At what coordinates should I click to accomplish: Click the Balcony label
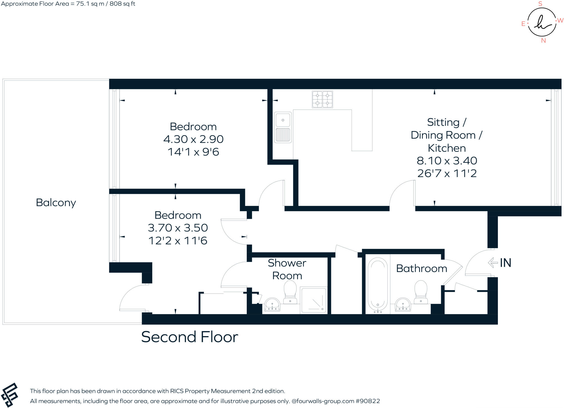coord(56,203)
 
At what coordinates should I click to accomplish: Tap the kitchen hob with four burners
coord(322,99)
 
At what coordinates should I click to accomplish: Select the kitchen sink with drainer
coord(283,127)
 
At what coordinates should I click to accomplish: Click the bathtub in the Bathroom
coord(378,285)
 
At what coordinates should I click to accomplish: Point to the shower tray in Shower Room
coord(314,300)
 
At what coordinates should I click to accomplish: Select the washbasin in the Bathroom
coord(403,305)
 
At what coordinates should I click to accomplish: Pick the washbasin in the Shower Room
coord(272,305)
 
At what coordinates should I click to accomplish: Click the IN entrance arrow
coord(493,263)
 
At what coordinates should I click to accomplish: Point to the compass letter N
coord(543,41)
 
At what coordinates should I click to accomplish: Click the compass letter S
coord(540,4)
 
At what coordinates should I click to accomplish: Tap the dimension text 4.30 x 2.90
coord(193,139)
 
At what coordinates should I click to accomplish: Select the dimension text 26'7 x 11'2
coord(447,173)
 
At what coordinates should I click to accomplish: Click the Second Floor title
coord(189,337)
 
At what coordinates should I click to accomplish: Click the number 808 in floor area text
coord(115,4)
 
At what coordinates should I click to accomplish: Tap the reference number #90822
coord(368,401)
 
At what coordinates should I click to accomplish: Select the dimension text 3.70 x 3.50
coord(178,228)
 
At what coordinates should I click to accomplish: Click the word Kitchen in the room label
coord(447,148)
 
